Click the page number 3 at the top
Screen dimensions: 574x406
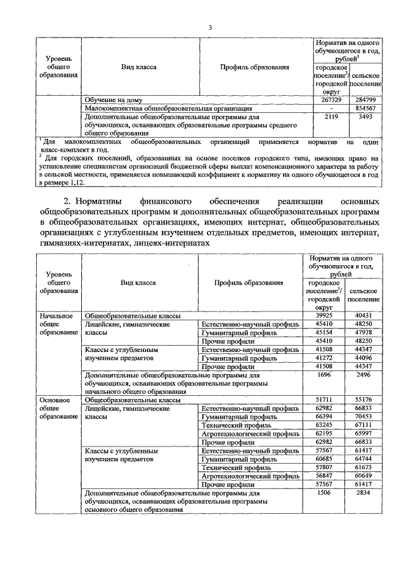209,27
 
